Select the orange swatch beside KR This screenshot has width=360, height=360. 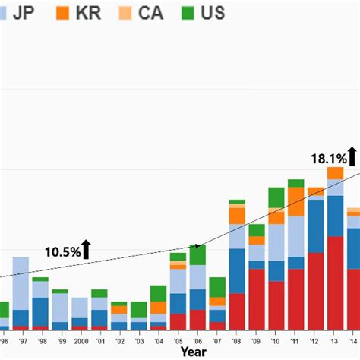coord(63,13)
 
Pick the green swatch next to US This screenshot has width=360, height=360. coord(187,13)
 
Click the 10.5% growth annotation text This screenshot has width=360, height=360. coord(62,251)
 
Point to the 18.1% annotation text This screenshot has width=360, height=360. coord(329,159)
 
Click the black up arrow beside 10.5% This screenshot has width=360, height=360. coord(87,248)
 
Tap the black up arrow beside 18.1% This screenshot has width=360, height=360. coord(353,156)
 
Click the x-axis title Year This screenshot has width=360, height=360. coord(193,352)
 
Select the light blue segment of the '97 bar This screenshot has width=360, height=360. coord(21,283)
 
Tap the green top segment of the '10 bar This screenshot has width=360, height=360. coord(276,197)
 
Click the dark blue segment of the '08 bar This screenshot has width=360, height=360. coord(237,270)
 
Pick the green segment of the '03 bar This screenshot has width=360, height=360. coord(139,310)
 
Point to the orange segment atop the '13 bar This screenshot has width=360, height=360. coord(336,173)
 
